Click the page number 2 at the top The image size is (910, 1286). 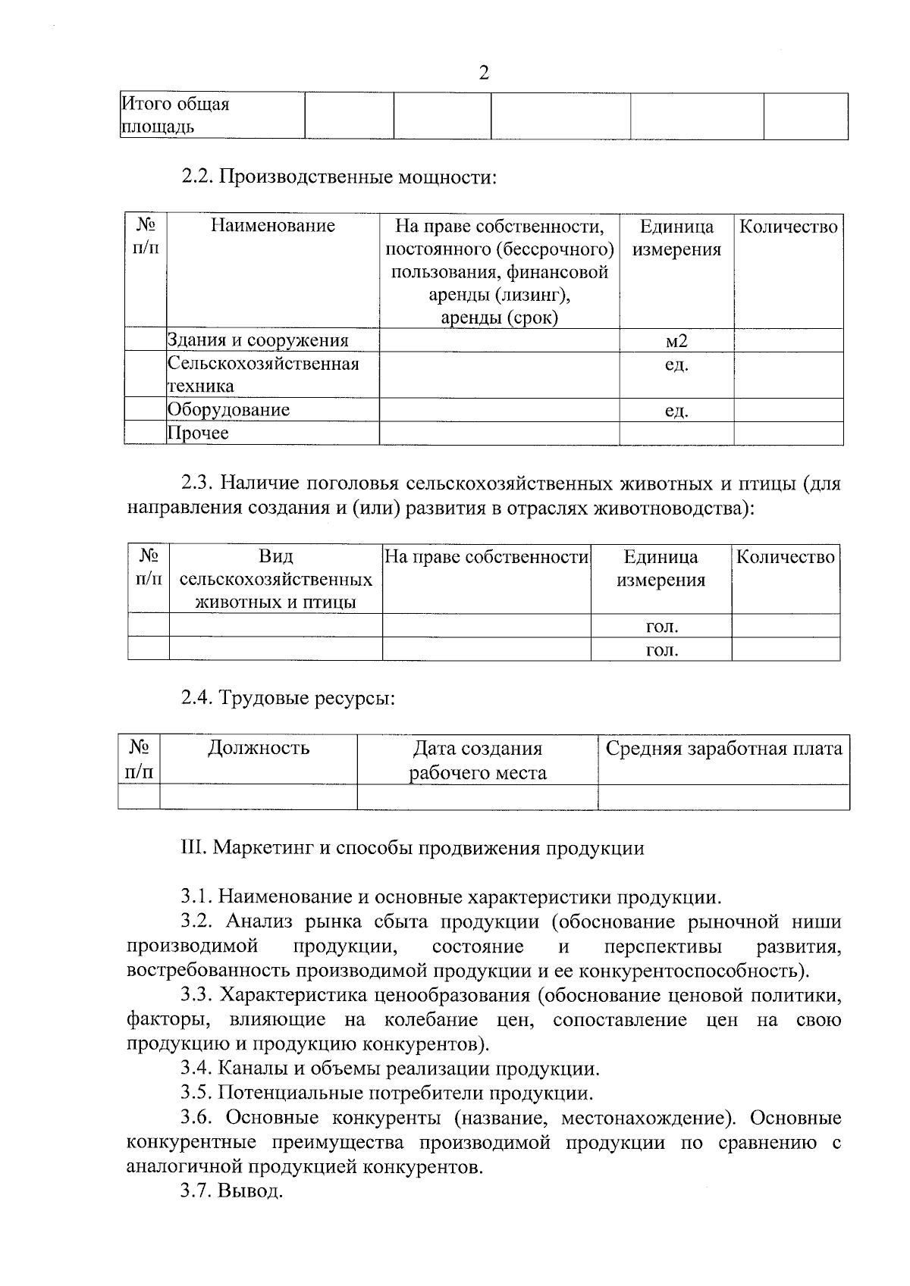tap(484, 73)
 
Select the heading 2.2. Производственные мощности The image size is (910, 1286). tap(339, 177)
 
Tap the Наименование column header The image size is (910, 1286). tap(272, 226)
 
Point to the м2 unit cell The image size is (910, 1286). tap(676, 341)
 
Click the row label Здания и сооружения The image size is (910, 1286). tap(258, 341)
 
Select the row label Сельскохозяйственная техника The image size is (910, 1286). tap(262, 374)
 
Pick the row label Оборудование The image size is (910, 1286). tap(228, 410)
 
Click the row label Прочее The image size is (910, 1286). tap(198, 433)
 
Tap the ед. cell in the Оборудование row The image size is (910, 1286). tap(676, 411)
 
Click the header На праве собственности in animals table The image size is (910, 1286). tap(487, 557)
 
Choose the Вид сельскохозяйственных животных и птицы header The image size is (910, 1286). tap(276, 580)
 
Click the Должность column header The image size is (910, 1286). tap(259, 749)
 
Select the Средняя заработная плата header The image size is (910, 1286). tap(723, 749)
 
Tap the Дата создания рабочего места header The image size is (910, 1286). tap(477, 761)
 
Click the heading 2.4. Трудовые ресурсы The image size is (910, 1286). tap(288, 697)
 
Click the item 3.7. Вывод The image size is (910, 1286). tap(231, 1191)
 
